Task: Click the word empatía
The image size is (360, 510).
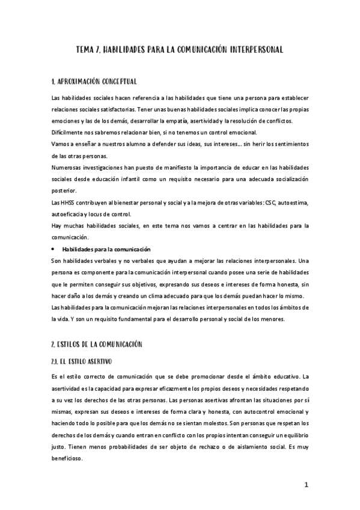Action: (176, 121)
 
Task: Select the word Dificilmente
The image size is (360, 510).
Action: (68, 132)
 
